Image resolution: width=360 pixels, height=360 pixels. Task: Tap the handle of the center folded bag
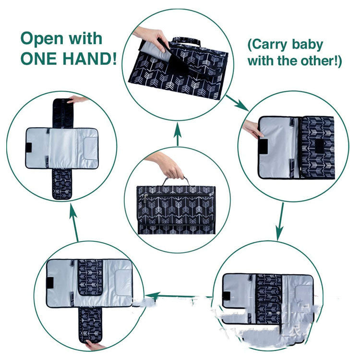click(x=175, y=180)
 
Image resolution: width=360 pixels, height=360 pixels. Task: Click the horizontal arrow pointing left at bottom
click(x=170, y=297)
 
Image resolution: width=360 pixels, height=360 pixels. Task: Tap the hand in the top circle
click(x=149, y=35)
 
